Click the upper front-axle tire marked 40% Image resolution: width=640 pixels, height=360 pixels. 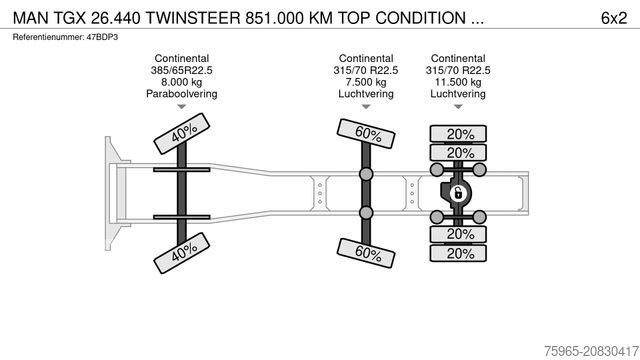click(x=181, y=135)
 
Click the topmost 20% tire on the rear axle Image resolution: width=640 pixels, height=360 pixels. click(x=460, y=134)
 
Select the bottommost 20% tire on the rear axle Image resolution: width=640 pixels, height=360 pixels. click(x=460, y=253)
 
